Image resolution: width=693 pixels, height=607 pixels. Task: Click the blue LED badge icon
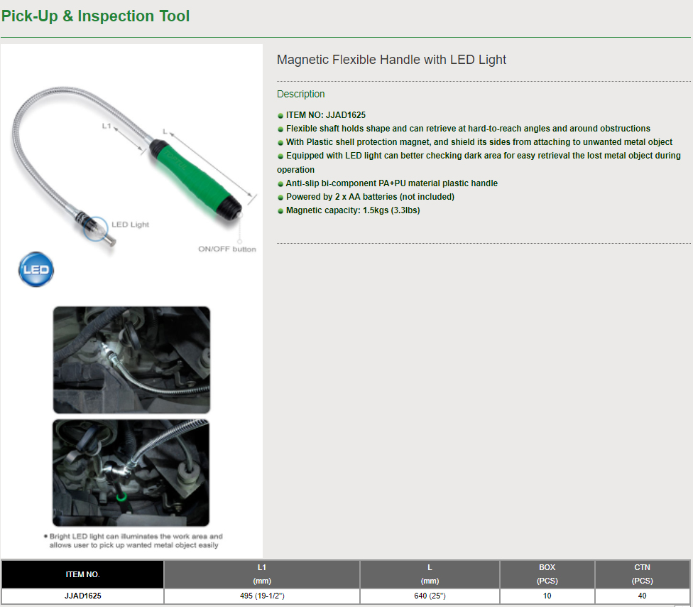[36, 269]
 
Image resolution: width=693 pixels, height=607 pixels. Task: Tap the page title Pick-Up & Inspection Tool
[95, 16]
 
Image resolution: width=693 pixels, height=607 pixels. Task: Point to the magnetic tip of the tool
[110, 241]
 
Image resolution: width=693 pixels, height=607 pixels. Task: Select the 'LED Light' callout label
[130, 225]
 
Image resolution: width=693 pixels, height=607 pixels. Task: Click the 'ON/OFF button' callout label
[227, 249]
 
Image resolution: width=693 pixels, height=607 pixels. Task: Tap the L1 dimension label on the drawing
[107, 126]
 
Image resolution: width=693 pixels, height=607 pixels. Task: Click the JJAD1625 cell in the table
[83, 596]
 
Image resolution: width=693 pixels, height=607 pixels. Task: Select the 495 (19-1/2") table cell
[262, 596]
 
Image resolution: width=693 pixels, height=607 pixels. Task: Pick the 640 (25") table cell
[430, 596]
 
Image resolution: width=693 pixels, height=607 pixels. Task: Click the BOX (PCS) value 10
[547, 596]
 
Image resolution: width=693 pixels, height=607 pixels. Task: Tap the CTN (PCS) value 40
[642, 596]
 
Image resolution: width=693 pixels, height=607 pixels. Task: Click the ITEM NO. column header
[83, 574]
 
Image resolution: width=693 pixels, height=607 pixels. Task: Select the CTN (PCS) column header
[642, 574]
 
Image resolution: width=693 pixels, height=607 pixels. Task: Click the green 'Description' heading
[300, 95]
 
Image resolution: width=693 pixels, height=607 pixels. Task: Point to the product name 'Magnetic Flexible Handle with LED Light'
[391, 60]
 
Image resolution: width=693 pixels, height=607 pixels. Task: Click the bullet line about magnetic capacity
[349, 210]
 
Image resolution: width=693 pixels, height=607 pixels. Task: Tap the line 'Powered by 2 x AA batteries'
[366, 197]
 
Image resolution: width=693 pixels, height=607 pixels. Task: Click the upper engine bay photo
[131, 360]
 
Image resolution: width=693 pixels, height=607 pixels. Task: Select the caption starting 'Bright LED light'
[133, 541]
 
